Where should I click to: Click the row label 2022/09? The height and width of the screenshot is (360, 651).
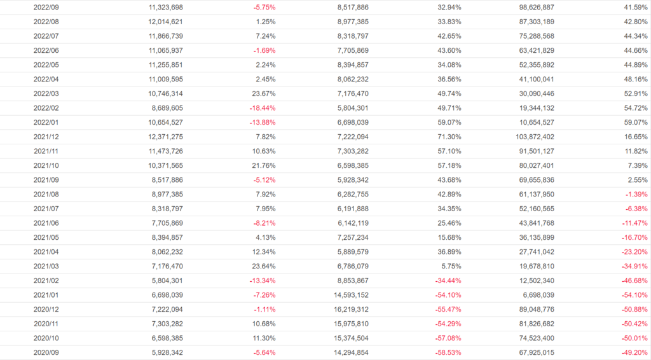coord(46,7)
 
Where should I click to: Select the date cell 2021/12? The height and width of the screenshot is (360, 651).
coord(46,137)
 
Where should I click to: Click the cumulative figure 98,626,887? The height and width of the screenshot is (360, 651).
coord(533,7)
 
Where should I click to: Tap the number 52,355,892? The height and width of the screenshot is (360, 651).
coord(533,65)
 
